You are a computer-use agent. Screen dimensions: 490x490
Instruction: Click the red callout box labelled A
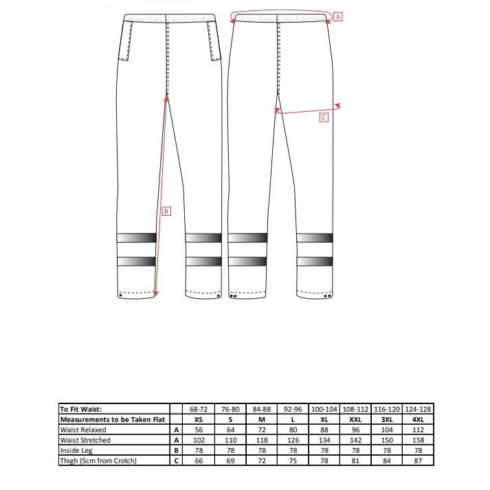[337, 17]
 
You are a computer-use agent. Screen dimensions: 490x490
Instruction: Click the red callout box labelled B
[166, 212]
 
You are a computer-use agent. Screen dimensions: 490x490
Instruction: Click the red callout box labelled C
[324, 118]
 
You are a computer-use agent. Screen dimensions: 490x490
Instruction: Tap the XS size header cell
[199, 419]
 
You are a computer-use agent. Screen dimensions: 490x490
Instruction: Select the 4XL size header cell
[418, 419]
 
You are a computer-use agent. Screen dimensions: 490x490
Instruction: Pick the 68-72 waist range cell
[199, 409]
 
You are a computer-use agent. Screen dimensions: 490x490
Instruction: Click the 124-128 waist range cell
[418, 409]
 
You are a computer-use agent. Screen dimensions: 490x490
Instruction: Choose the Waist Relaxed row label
[83, 430]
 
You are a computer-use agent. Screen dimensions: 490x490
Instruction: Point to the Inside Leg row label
[76, 451]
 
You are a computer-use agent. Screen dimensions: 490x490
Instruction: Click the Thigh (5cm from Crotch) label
[98, 460]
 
